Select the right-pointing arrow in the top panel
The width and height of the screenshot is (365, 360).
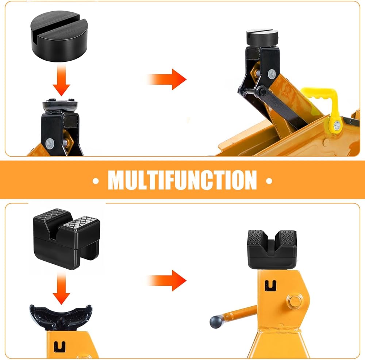[x=167, y=79]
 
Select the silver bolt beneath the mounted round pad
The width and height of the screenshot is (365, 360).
[x=272, y=74]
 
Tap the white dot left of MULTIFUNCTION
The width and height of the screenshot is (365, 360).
[x=96, y=181]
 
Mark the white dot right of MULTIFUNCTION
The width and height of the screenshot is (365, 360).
[x=269, y=181]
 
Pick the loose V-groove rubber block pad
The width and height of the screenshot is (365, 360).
[x=67, y=239]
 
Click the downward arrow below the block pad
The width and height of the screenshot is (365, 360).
[x=61, y=288]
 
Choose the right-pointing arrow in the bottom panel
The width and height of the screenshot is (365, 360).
[x=167, y=281]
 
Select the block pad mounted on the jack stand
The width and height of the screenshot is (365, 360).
[x=272, y=250]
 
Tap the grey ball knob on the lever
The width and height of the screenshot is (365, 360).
[x=216, y=322]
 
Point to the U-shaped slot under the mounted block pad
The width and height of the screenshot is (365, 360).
[x=270, y=286]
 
